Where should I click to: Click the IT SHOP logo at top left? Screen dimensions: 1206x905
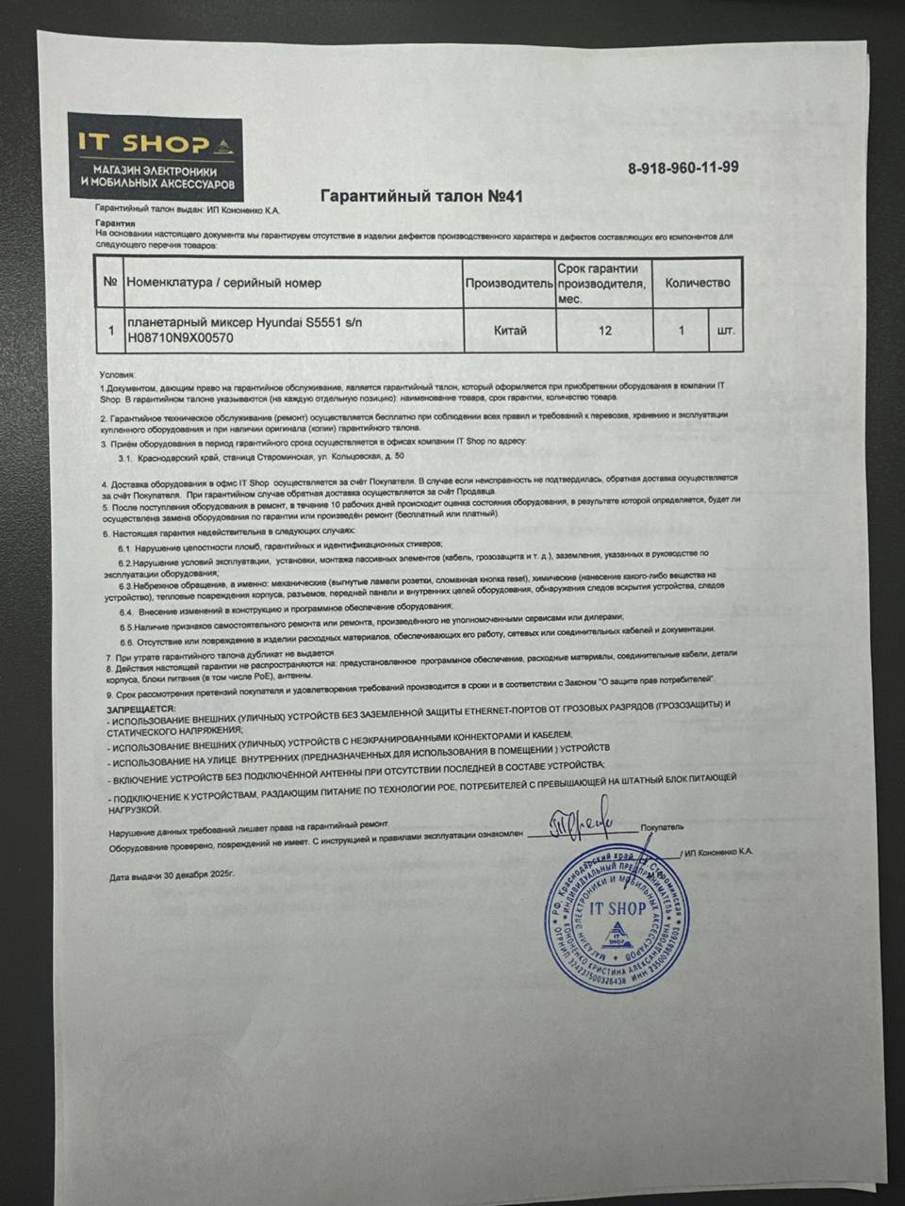(155, 157)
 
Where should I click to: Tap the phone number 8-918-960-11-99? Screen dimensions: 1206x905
(683, 168)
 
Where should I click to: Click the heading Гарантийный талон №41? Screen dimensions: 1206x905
(421, 196)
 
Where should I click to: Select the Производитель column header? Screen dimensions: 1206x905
(508, 283)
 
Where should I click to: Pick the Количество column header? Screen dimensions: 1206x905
(698, 283)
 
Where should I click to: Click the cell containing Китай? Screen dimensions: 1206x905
(510, 331)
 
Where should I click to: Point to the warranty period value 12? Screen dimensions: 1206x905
(605, 331)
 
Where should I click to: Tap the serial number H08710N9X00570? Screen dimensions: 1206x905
(180, 337)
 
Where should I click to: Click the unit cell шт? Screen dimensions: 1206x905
(725, 332)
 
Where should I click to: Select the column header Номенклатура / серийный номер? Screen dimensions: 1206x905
(223, 283)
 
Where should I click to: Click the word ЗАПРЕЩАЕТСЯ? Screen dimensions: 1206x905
(140, 707)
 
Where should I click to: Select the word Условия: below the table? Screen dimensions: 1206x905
(118, 374)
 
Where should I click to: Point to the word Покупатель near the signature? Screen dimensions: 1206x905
(662, 827)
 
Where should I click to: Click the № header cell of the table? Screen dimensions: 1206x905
(110, 283)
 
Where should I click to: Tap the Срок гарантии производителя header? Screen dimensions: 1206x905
(604, 283)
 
